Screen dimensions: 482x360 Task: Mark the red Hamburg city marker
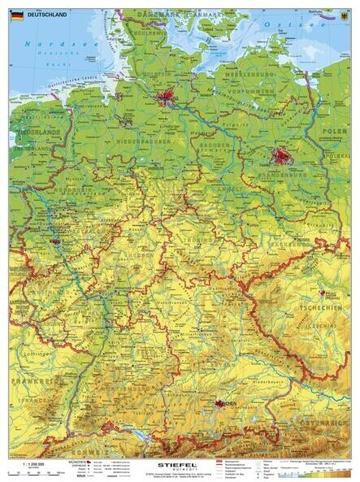pos(167,99)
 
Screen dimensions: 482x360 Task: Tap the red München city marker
pos(221,403)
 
